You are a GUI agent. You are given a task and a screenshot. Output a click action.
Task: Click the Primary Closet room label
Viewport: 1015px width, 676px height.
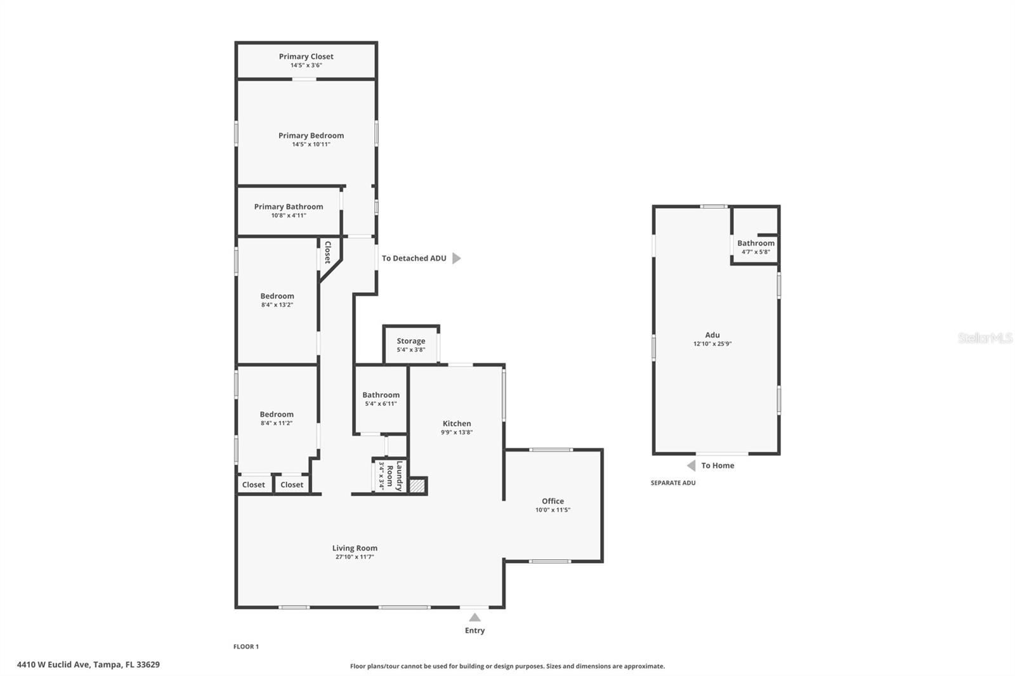click(306, 56)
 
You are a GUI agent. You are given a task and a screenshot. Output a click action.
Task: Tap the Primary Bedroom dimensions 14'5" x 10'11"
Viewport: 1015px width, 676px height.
click(311, 145)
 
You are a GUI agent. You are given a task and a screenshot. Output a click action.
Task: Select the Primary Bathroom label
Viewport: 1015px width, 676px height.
click(289, 207)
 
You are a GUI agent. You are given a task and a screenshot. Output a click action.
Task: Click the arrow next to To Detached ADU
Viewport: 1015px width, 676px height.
click(456, 258)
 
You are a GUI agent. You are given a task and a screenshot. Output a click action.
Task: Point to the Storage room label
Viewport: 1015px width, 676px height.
click(411, 341)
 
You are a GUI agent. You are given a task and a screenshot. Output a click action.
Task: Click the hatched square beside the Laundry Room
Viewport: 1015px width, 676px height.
click(417, 486)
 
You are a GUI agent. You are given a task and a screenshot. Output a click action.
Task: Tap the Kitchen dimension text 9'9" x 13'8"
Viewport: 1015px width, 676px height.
click(457, 432)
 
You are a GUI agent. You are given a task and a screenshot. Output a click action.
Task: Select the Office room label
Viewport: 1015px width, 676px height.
click(553, 501)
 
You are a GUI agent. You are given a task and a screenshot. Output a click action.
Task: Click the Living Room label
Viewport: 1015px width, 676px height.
click(355, 549)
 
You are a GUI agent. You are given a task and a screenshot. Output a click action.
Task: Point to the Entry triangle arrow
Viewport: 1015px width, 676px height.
click(475, 617)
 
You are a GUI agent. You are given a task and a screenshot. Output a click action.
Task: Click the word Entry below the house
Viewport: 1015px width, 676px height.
click(475, 630)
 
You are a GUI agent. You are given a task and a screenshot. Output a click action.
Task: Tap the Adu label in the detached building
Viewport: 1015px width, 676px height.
click(712, 335)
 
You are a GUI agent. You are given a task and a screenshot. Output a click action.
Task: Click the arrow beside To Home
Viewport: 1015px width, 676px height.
click(691, 465)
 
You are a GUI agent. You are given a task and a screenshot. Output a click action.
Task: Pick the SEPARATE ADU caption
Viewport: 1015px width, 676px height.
click(673, 483)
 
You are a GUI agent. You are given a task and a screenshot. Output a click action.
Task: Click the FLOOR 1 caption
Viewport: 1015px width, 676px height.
click(246, 647)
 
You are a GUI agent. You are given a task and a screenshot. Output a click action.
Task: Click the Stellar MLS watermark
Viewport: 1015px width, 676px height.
click(985, 338)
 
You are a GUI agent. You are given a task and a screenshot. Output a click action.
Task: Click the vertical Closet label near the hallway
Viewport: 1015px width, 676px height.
click(327, 252)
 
